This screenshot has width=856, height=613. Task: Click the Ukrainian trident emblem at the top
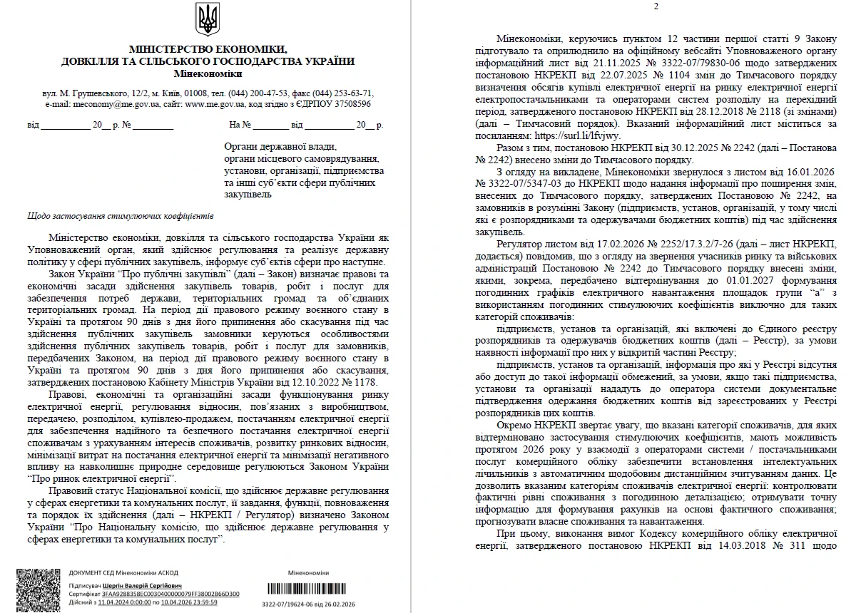(x=208, y=19)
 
